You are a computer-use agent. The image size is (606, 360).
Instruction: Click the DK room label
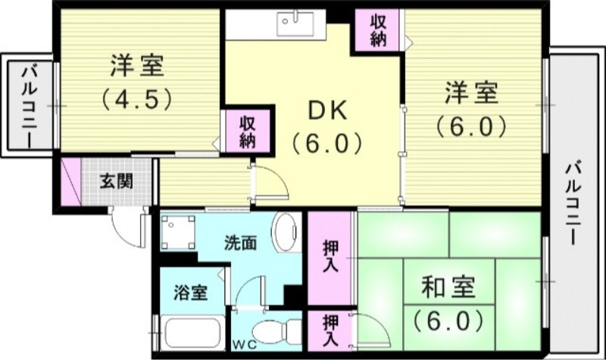coord(327,111)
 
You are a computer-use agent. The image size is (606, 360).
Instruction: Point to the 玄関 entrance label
coord(117,181)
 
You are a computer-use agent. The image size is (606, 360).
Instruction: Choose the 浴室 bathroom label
coord(189,293)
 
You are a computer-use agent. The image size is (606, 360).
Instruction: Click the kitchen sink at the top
coord(292,23)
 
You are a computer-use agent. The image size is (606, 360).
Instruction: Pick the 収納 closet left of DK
coord(247,131)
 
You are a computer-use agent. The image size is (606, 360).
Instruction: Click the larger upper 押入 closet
coord(330,257)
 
